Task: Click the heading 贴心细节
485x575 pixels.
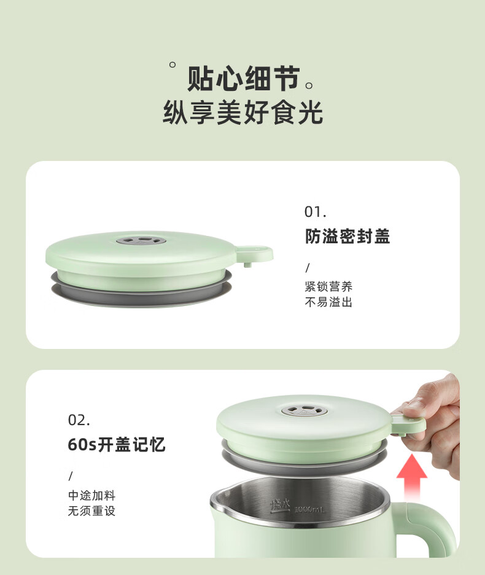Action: (x=244, y=79)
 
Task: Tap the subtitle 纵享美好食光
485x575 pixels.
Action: (x=243, y=112)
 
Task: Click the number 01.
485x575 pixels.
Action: (x=316, y=212)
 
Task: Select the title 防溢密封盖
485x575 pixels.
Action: (x=347, y=237)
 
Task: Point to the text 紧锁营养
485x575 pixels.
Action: (x=328, y=286)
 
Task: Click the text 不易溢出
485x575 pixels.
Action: (x=328, y=302)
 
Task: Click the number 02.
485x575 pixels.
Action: (x=79, y=420)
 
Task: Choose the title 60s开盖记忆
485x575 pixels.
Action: (x=117, y=444)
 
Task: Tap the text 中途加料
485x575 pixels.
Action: (x=92, y=495)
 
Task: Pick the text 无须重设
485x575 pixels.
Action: (x=92, y=511)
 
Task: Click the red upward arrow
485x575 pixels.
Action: (x=412, y=477)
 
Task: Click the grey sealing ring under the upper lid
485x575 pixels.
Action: (x=141, y=290)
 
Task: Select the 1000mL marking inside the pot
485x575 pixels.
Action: (x=310, y=509)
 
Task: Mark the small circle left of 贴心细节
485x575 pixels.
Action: (x=173, y=65)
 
